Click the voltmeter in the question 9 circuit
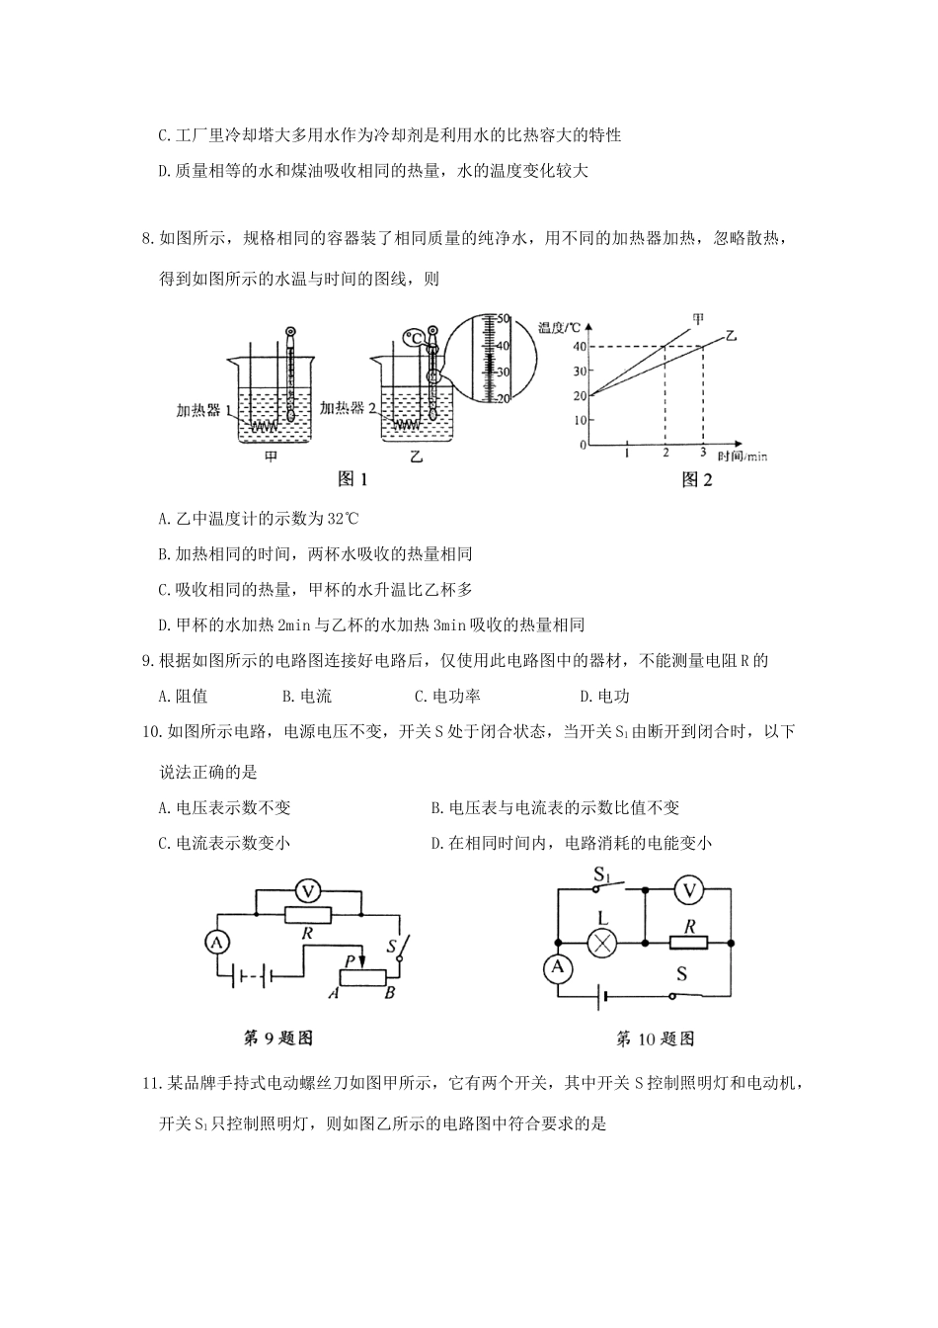click(x=308, y=891)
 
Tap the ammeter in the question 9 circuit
click(x=215, y=943)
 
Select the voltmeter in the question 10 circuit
click(x=690, y=889)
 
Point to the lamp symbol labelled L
click(x=601, y=943)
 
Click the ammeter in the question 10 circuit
click(x=559, y=968)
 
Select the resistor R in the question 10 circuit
click(x=688, y=943)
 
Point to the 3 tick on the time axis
click(x=703, y=454)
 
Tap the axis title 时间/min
click(x=743, y=456)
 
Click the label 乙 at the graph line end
click(x=732, y=336)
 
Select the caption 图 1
click(x=352, y=479)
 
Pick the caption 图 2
click(x=697, y=480)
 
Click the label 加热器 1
click(x=204, y=410)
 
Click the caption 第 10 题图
click(x=655, y=1038)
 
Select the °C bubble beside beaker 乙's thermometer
click(x=416, y=339)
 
